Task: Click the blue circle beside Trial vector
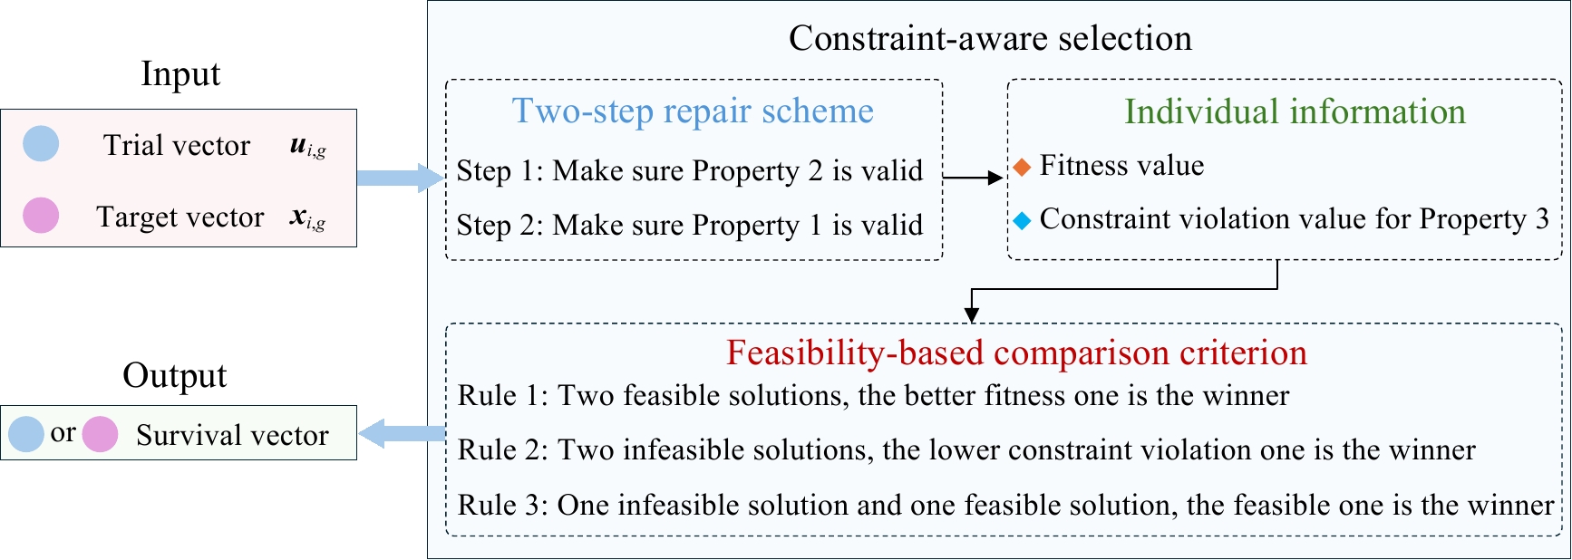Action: [41, 143]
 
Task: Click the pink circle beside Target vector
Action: [41, 216]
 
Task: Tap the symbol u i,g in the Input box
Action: [308, 147]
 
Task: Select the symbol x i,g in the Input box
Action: [308, 218]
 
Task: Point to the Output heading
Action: [175, 376]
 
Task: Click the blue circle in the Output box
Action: [26, 434]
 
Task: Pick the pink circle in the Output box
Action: [100, 434]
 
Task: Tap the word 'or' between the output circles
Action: [63, 433]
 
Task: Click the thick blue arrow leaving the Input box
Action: [400, 178]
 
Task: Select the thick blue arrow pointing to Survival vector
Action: [402, 433]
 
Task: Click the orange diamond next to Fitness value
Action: [1022, 167]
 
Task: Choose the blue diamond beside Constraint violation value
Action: [1022, 220]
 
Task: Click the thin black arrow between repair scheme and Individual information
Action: [974, 179]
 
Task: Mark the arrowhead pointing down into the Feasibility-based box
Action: [972, 315]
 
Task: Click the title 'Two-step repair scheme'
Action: [693, 111]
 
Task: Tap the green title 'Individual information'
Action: [1295, 111]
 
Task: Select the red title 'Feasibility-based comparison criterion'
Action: [1016, 352]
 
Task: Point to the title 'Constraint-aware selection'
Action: [990, 38]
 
